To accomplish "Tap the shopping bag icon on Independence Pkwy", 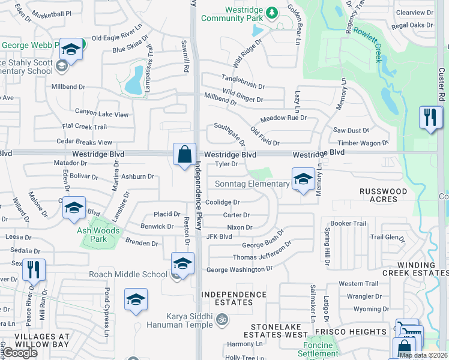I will [x=184, y=154].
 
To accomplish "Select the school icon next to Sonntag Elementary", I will [x=303, y=179].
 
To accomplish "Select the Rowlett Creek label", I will [x=371, y=43].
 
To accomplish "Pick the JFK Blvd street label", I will [x=219, y=236].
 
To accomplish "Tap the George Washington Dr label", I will [x=239, y=269].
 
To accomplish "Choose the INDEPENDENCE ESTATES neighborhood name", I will [x=234, y=298].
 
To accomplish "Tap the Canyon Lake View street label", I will [x=101, y=113].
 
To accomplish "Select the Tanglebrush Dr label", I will [x=243, y=79].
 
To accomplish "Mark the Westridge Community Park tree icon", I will [x=271, y=12].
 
